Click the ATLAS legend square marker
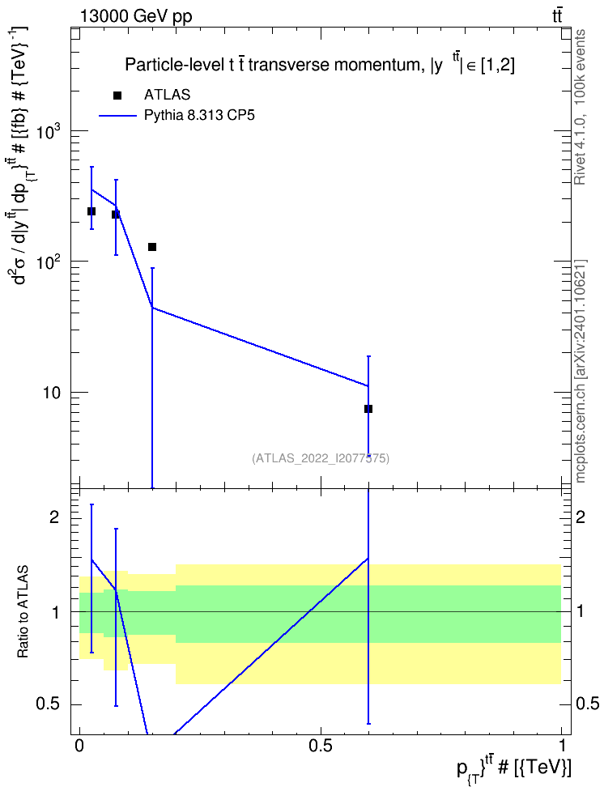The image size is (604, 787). click(x=117, y=96)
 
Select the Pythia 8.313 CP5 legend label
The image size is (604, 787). click(x=199, y=116)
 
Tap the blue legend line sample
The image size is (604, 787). click(x=117, y=116)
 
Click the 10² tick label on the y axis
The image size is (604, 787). click(x=49, y=261)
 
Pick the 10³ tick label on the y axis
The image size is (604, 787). click(x=49, y=130)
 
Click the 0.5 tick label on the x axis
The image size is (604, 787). click(x=321, y=746)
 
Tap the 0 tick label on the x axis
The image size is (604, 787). click(x=79, y=746)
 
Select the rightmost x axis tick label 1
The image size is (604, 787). click(x=561, y=746)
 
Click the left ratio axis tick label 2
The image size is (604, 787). click(x=54, y=517)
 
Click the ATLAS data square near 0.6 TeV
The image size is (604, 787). click(x=368, y=409)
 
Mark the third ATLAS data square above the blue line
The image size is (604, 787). click(x=152, y=247)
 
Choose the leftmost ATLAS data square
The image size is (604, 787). click(x=91, y=211)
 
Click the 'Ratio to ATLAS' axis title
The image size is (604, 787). click(x=23, y=612)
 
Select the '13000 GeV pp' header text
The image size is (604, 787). click(x=136, y=17)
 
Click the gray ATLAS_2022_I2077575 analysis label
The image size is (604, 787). click(x=321, y=458)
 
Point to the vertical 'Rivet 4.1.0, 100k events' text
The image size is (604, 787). click(x=580, y=107)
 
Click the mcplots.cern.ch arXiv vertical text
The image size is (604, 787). click(x=580, y=371)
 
